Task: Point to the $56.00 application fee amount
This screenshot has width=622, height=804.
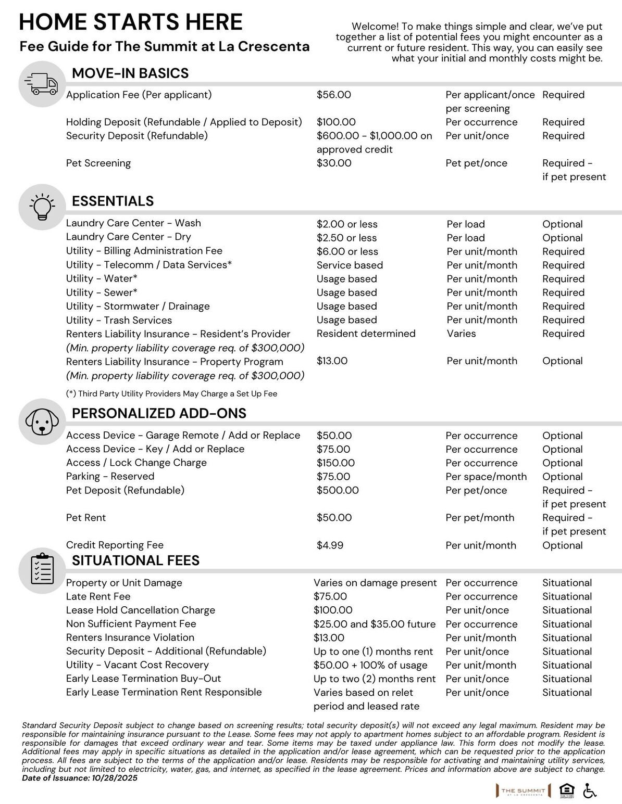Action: click(x=334, y=95)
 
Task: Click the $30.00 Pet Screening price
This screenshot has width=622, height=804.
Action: click(x=334, y=163)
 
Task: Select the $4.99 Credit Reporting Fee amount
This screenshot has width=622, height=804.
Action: click(x=330, y=545)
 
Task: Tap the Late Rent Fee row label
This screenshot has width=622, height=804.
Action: click(x=98, y=596)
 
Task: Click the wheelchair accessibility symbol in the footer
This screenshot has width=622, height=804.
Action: click(x=590, y=790)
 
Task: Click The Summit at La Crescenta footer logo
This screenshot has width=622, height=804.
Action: click(x=523, y=791)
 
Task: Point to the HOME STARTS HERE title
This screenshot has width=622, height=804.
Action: click(x=131, y=22)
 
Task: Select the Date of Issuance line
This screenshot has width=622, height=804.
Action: click(x=80, y=778)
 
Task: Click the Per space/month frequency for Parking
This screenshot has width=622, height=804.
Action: click(x=486, y=477)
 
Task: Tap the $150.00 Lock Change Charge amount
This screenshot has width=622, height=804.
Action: click(x=335, y=463)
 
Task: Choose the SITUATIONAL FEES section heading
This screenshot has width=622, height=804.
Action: click(x=135, y=560)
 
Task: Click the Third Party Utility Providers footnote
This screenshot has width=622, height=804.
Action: click(x=171, y=394)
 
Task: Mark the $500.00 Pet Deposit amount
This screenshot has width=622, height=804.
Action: click(x=338, y=490)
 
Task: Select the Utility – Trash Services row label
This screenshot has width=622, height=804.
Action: click(x=119, y=320)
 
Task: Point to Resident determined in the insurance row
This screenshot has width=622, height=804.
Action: click(x=366, y=334)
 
